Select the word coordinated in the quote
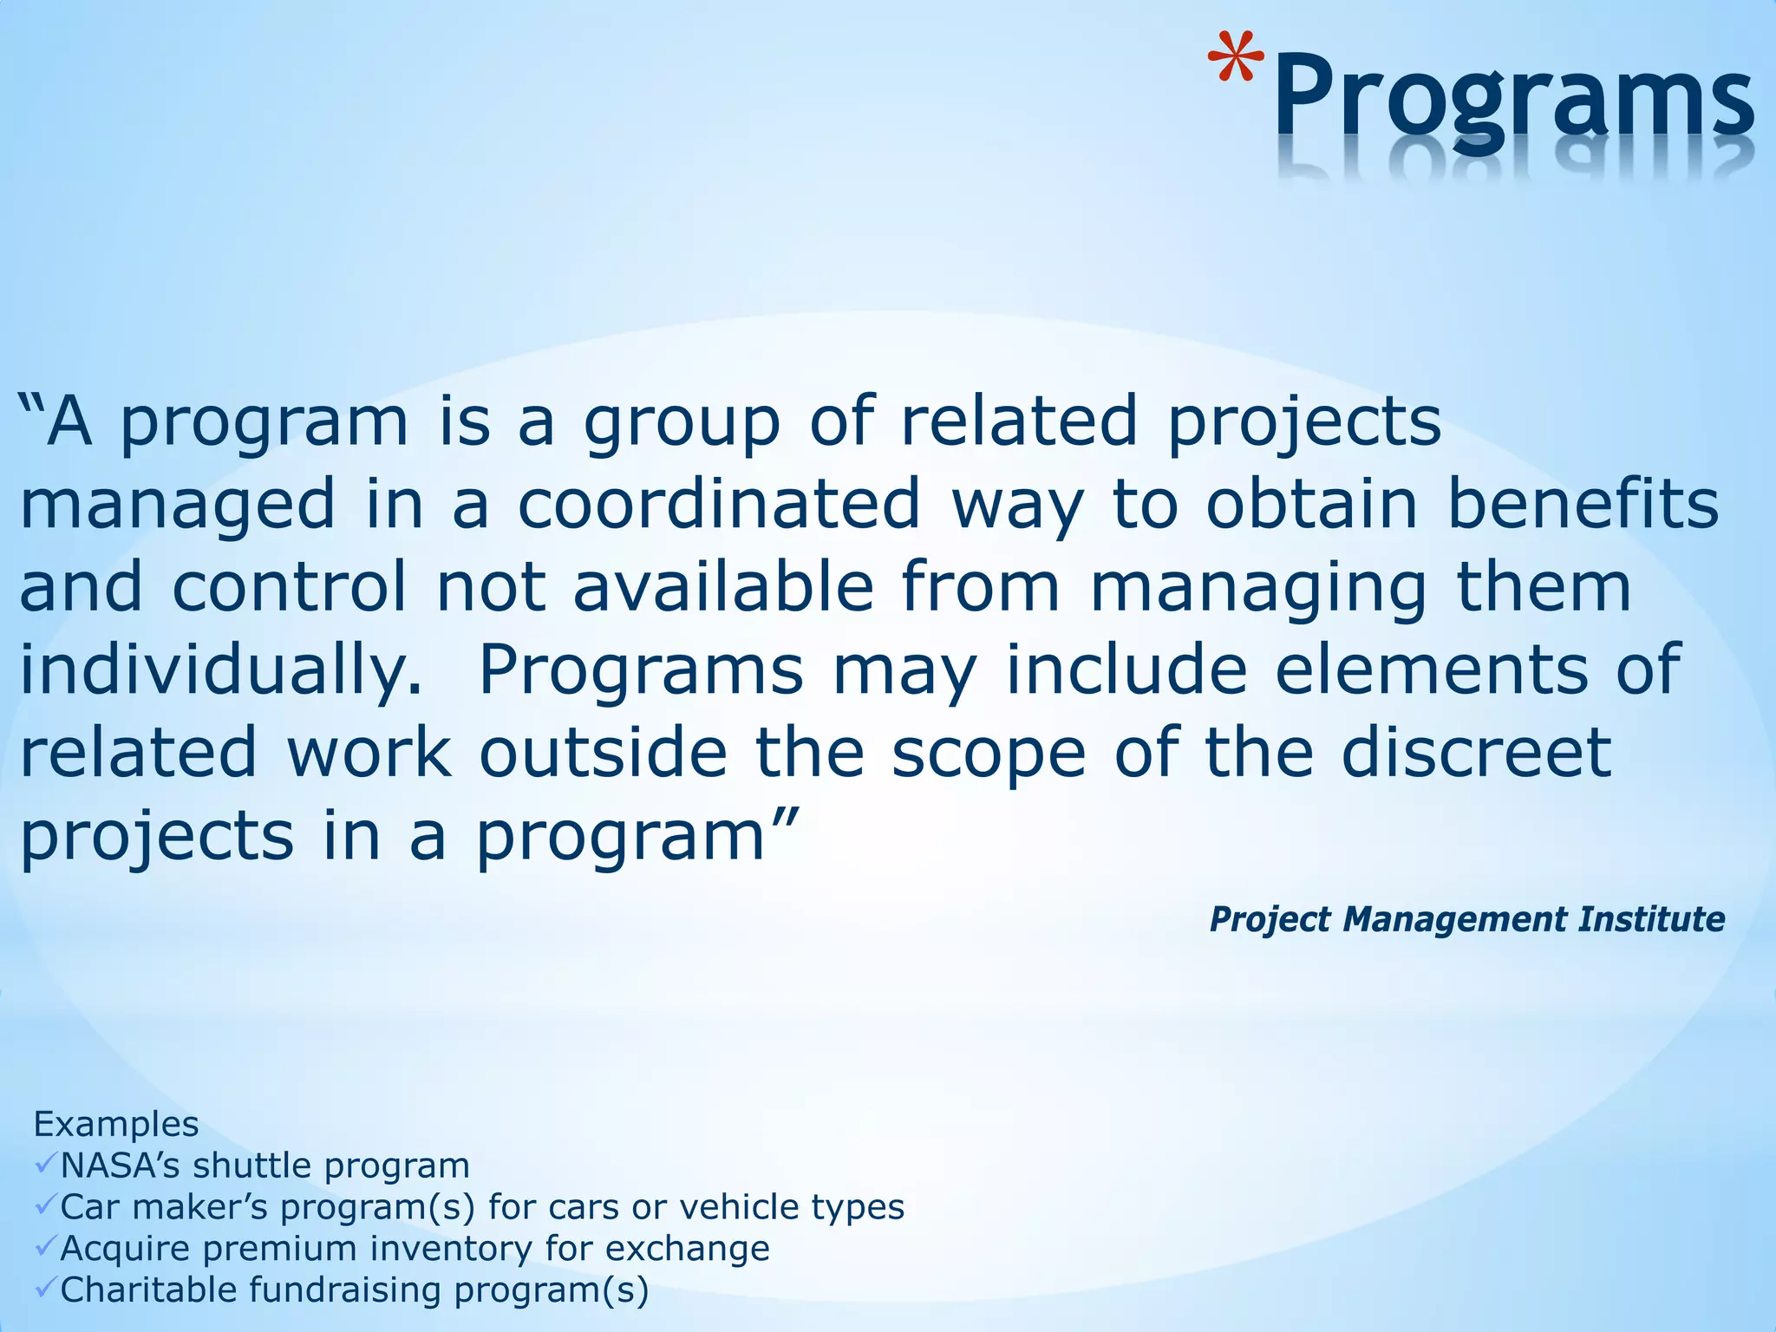click(x=719, y=505)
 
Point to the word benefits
click(x=1583, y=505)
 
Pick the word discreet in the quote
click(x=1476, y=753)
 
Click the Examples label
click(x=116, y=1125)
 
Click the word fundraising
click(x=346, y=1290)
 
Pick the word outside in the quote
click(x=602, y=753)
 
